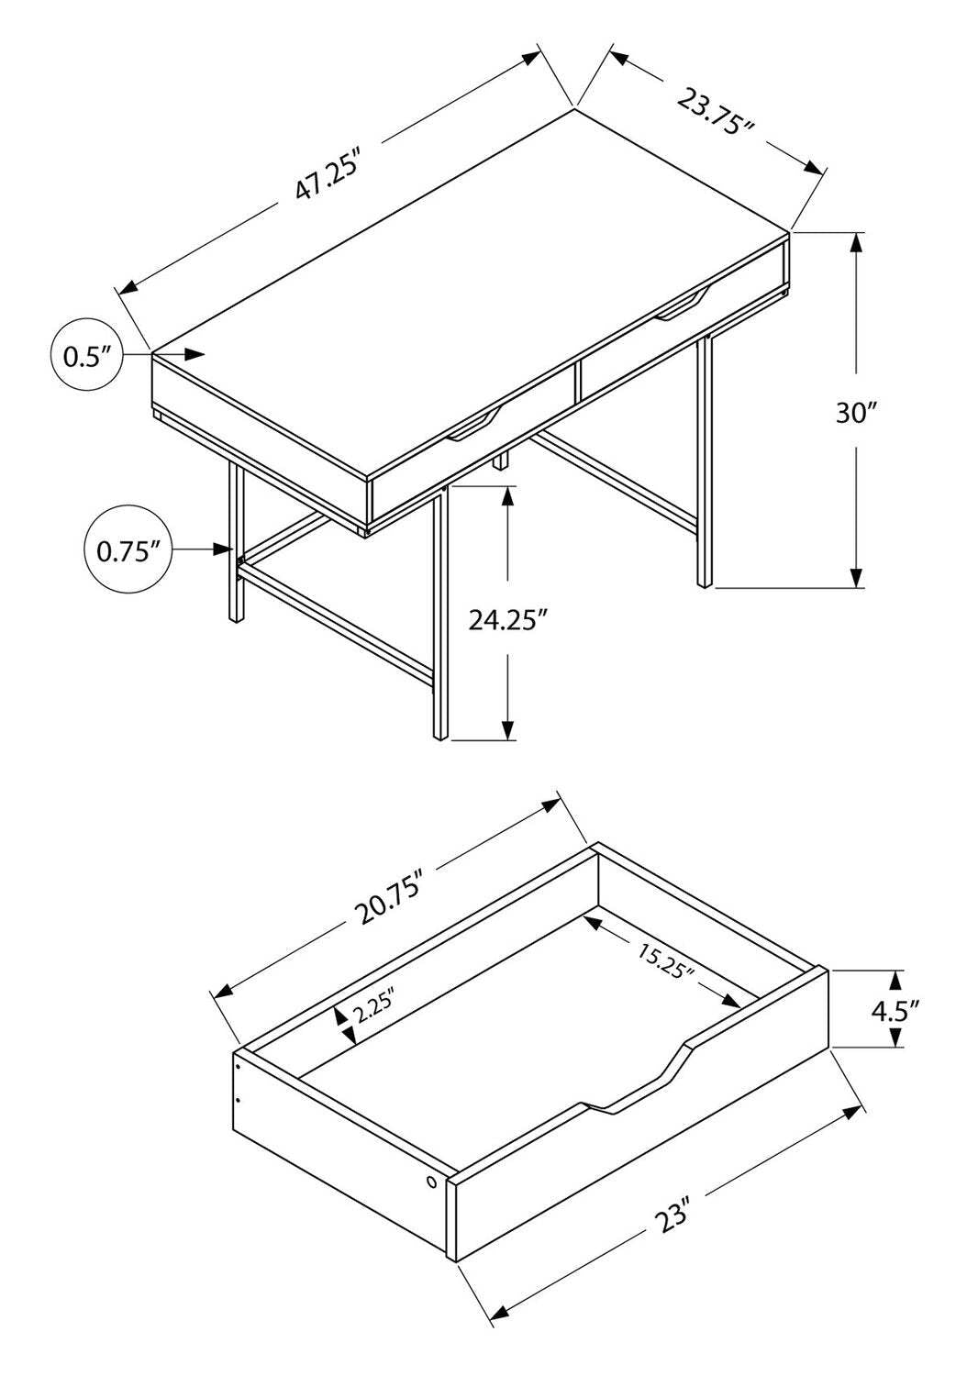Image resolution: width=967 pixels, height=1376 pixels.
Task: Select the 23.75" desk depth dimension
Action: pyautogui.click(x=716, y=110)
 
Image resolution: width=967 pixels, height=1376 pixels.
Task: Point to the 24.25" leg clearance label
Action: pyautogui.click(x=508, y=620)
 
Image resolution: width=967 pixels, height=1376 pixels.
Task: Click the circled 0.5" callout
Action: pyautogui.click(x=87, y=355)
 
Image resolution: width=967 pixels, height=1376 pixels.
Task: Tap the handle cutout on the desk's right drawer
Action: pyautogui.click(x=683, y=306)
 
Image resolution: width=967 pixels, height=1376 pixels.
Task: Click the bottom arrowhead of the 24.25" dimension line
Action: pyautogui.click(x=508, y=728)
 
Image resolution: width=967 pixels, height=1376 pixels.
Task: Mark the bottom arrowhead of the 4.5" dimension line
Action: pyautogui.click(x=896, y=1037)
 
